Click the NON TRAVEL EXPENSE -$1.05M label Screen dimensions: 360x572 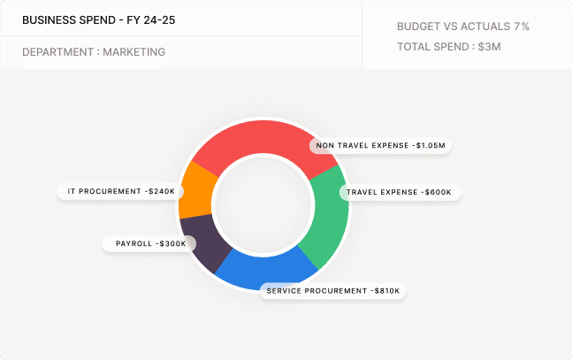pyautogui.click(x=380, y=145)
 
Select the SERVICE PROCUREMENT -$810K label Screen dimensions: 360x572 pyautogui.click(x=332, y=290)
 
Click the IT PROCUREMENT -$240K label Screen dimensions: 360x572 pyautogui.click(x=121, y=191)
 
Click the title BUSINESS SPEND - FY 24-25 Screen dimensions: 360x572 pyautogui.click(x=98, y=19)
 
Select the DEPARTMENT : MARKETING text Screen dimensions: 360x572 pyautogui.click(x=94, y=52)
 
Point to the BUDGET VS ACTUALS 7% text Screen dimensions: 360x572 pyautogui.click(x=462, y=27)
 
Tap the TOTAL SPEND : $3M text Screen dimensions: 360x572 pyautogui.click(x=448, y=47)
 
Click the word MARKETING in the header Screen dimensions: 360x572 pyautogui.click(x=133, y=52)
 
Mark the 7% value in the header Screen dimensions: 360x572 pyautogui.click(x=521, y=27)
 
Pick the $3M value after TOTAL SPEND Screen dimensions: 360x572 pyautogui.click(x=489, y=47)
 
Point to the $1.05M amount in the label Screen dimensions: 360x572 pyautogui.click(x=432, y=145)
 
